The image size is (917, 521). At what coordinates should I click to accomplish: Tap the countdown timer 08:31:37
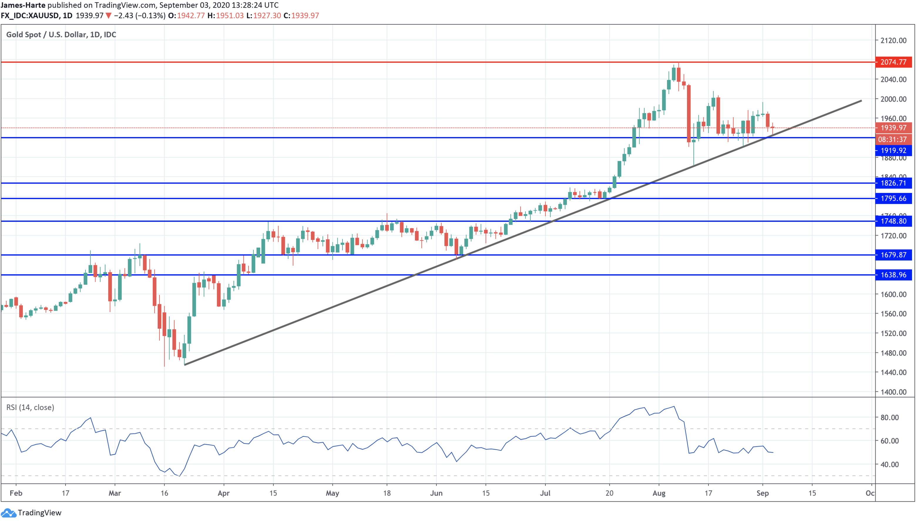click(892, 140)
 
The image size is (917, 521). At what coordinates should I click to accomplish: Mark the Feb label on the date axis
click(16, 493)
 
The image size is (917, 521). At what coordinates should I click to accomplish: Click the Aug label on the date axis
click(659, 493)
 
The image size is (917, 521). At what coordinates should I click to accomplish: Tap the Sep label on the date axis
click(763, 493)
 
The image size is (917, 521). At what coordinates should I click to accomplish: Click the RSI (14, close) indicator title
click(31, 407)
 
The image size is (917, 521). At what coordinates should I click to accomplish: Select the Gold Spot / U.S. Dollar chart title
click(61, 34)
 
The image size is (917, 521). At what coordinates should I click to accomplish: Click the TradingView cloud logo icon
click(8, 513)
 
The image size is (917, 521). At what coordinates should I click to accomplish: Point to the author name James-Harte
click(23, 5)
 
